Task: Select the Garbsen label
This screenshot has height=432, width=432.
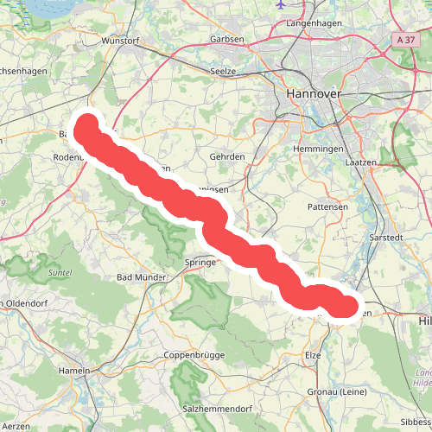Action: point(227,40)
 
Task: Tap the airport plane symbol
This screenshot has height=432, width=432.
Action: point(282,3)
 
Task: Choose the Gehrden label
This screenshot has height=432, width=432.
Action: point(227,157)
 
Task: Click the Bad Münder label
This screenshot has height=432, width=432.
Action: point(142,277)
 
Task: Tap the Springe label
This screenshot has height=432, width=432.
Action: point(200,262)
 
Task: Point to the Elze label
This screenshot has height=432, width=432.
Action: point(313,355)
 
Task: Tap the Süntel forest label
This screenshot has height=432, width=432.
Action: point(60,273)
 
